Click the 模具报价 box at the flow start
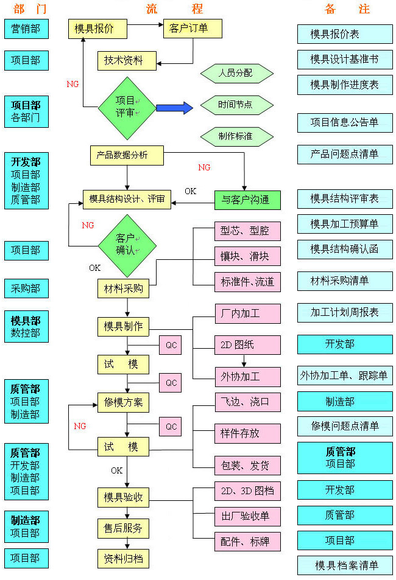[97, 29]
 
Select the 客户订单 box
[193, 29]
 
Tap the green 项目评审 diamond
[127, 108]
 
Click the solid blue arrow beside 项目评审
[174, 108]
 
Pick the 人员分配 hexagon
[236, 74]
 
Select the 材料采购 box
[124, 288]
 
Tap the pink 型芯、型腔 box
[247, 231]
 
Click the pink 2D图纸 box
[247, 345]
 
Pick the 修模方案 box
[124, 402]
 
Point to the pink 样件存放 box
[247, 433]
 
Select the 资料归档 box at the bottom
[124, 559]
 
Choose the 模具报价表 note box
[345, 34]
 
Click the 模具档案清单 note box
[345, 565]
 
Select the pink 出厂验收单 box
[247, 517]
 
